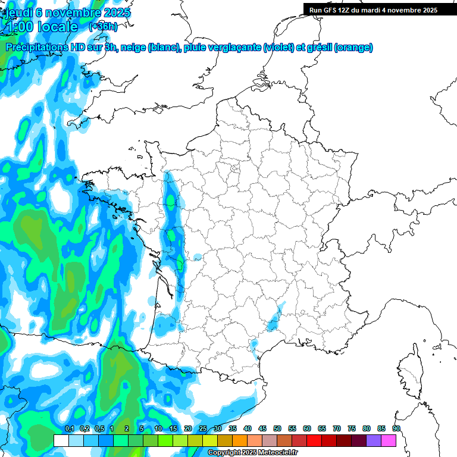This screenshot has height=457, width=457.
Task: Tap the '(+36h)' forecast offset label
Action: click(x=103, y=26)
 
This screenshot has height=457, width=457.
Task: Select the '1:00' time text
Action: click(x=19, y=27)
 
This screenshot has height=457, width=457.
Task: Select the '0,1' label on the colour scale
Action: click(x=69, y=428)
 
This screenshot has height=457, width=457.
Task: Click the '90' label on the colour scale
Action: click(x=396, y=428)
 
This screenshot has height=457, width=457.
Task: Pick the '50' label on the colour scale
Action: click(x=277, y=428)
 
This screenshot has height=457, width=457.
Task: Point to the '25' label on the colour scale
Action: click(x=203, y=428)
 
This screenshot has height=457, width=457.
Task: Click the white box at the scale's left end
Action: click(x=61, y=440)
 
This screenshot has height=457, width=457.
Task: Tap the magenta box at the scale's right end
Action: click(x=389, y=440)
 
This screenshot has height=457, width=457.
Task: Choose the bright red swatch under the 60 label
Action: click(x=314, y=440)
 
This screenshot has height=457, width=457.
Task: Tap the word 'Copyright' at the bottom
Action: click(x=224, y=453)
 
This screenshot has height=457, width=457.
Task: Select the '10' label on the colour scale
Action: click(x=158, y=428)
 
